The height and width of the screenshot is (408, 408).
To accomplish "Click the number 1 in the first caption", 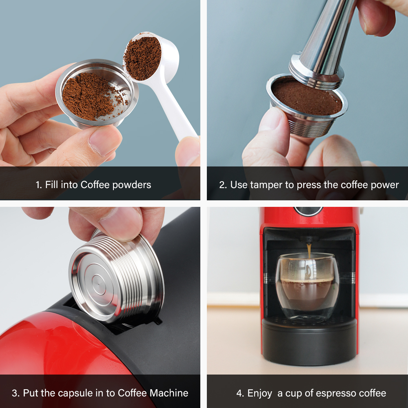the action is (x=38, y=185).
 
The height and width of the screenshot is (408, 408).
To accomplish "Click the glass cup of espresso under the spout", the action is (x=307, y=288).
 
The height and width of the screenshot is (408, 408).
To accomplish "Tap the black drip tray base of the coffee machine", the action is (x=309, y=341).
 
